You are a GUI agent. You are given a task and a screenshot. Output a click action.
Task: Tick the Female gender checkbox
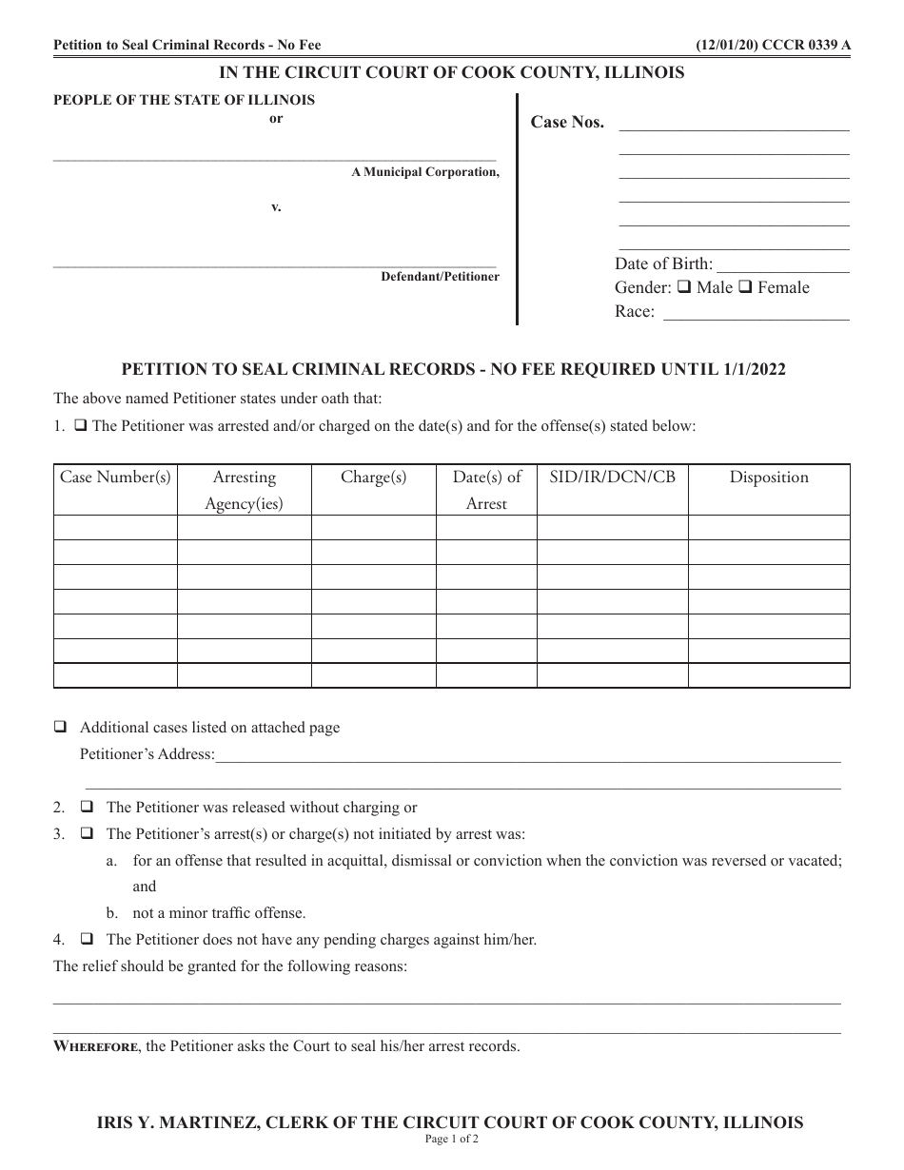coord(747,287)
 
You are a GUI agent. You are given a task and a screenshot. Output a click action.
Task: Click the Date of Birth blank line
coord(782,266)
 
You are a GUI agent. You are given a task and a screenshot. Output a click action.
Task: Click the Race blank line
coord(756,314)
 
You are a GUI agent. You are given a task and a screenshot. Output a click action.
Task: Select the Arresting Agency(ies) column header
coord(244,490)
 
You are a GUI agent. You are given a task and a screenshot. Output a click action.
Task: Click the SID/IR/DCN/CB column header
coord(612,478)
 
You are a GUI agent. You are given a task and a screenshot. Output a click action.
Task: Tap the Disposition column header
coord(769,478)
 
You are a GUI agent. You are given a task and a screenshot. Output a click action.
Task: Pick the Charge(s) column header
coord(373,478)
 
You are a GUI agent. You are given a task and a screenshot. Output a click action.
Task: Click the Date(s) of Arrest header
coord(486,490)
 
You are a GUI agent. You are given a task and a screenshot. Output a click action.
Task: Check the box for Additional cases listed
coord(60,728)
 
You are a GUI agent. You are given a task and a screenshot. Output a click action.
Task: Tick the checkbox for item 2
coord(87,808)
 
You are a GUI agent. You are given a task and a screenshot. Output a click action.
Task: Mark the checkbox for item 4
coord(87,940)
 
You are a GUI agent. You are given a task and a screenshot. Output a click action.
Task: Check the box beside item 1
coord(81,426)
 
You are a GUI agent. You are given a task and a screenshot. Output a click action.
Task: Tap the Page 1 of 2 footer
coord(452,1139)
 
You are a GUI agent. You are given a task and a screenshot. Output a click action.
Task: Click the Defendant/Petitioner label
coord(440,277)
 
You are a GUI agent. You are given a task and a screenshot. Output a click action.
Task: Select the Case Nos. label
coord(567,123)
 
